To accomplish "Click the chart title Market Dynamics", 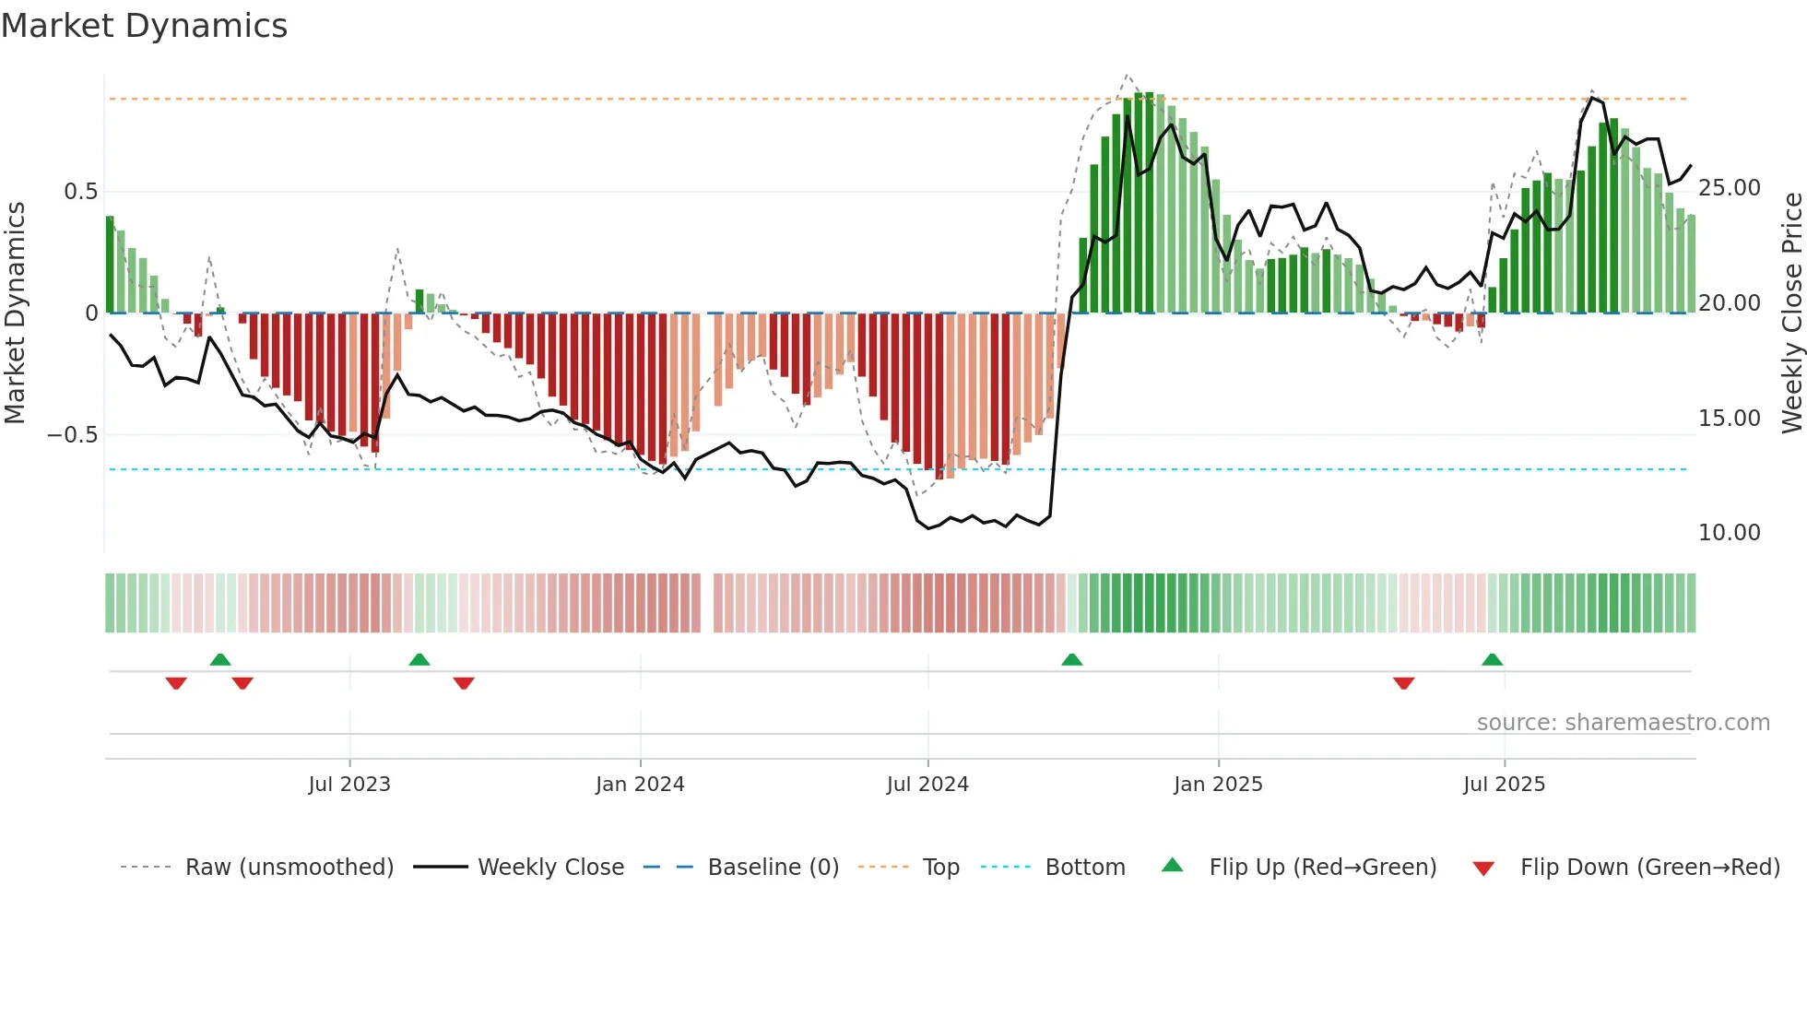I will pos(144,26).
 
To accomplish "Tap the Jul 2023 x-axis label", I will pos(349,785).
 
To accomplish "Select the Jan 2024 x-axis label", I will pos(640,785).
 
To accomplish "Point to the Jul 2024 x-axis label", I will pos(927,785).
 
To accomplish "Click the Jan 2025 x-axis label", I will pos(1218,785).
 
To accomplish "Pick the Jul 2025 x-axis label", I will pos(1504,785).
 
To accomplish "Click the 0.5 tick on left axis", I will pos(80,192).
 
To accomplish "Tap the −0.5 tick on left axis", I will pos(73,434).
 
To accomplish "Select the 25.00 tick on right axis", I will pos(1729,188).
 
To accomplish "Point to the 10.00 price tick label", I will pos(1729,533).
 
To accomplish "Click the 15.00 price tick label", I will pos(1729,419).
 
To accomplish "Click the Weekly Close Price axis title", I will pos(1791,313).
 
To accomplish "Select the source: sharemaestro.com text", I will pos(1623,723).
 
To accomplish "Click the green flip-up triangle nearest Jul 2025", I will pos(1492,659).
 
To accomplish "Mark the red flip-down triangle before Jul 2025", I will pos(1403,683).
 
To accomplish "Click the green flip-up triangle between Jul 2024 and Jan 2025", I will pos(1071,659).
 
